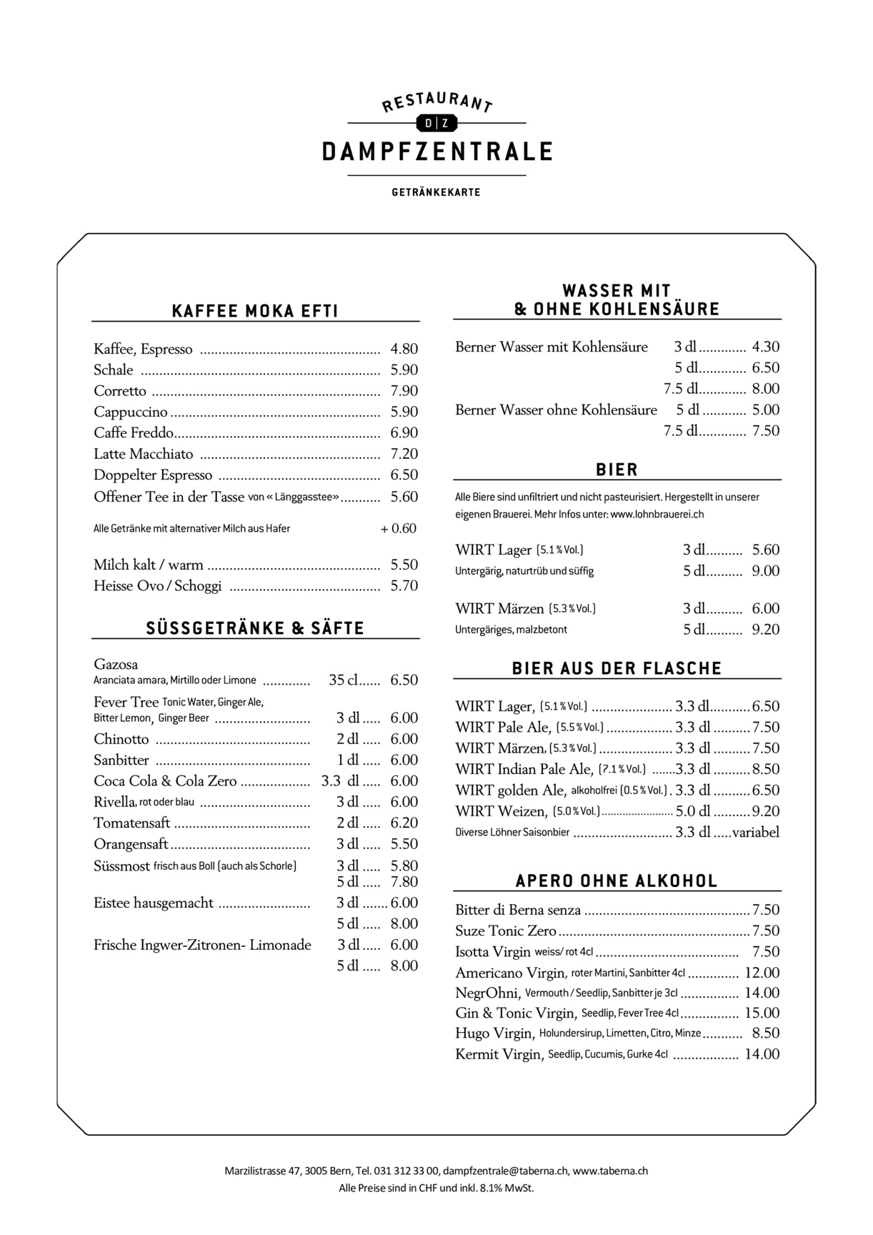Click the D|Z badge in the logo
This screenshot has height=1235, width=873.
[x=437, y=124]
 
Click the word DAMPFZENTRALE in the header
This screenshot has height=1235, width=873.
[x=437, y=152]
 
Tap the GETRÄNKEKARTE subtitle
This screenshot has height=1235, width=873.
[x=436, y=192]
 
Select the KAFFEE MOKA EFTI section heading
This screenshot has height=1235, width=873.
[x=255, y=311]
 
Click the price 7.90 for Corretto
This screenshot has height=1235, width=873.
[x=404, y=391]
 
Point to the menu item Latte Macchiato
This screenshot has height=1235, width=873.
[x=144, y=454]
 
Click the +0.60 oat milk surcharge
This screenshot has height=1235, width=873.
[x=399, y=529]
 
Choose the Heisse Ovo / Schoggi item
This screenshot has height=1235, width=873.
[x=158, y=586]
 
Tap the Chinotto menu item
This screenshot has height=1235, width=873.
[x=121, y=739]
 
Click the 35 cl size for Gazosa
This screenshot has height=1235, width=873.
[x=343, y=680]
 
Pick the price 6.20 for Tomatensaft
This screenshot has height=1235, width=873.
[x=404, y=823]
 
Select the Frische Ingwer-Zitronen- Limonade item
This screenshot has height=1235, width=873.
[x=202, y=946]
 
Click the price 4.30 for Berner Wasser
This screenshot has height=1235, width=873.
[x=765, y=347]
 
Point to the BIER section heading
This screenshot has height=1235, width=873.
[x=617, y=470]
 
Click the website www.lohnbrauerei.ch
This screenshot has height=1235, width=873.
[x=657, y=514]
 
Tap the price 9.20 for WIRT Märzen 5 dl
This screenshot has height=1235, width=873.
[x=765, y=630]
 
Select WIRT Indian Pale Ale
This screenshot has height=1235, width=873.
[x=524, y=770]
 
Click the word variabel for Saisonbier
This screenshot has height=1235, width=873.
[x=755, y=832]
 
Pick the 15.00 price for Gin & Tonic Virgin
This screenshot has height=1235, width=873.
[x=762, y=1013]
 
